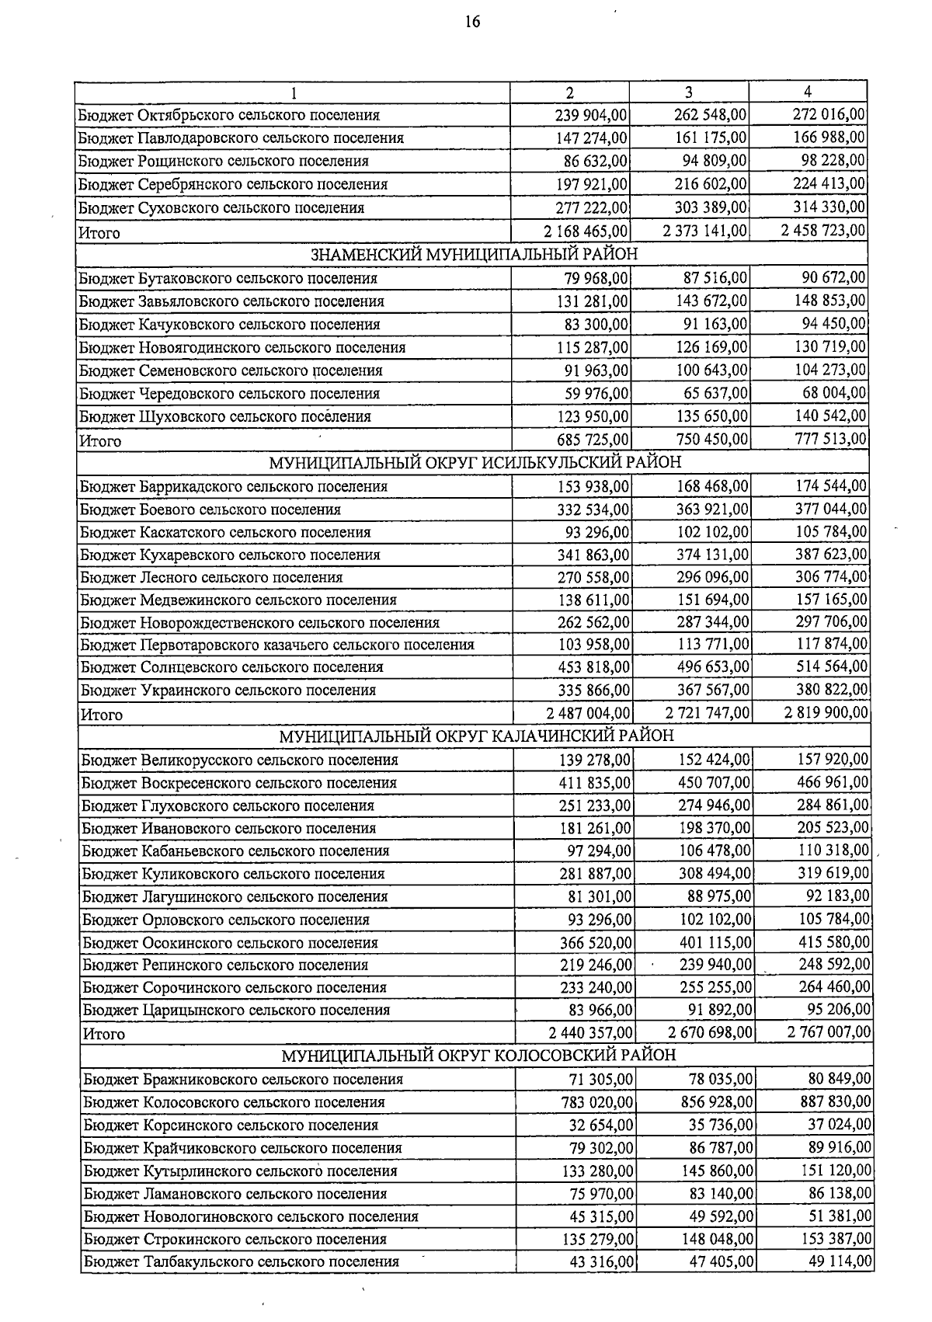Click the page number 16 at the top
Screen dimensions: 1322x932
pos(472,22)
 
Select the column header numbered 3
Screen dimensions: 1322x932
pos(689,92)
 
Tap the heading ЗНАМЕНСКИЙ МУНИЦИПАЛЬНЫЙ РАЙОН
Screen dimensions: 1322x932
pos(474,255)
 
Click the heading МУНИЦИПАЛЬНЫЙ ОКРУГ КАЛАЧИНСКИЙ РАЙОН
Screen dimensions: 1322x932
pos(476,735)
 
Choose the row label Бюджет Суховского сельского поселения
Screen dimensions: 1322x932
pos(221,208)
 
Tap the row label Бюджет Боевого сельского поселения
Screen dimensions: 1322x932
pos(210,510)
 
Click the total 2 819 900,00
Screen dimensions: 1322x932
pos(826,713)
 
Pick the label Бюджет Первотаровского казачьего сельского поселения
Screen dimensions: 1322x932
pos(277,645)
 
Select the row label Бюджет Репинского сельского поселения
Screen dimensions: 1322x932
pos(226,965)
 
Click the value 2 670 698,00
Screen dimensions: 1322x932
pos(710,1033)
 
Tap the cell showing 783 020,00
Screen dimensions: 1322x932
pos(597,1102)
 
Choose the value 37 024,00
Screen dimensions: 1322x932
pos(840,1125)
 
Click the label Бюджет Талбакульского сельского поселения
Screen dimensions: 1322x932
pos(242,1261)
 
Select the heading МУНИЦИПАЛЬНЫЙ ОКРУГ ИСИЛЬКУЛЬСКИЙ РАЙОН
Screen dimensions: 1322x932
pos(475,462)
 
